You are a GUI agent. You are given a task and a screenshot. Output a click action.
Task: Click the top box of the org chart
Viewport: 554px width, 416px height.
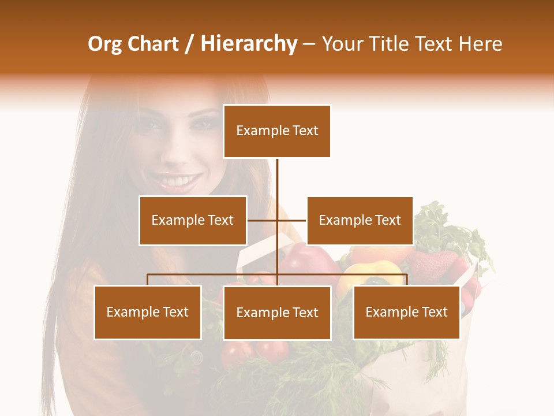pos(277,131)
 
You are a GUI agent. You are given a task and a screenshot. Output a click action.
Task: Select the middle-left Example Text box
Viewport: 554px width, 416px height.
pos(193,220)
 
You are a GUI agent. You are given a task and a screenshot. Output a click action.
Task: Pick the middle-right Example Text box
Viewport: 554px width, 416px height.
pos(360,220)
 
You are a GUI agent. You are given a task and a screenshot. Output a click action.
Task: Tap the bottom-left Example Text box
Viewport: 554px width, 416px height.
pos(148,312)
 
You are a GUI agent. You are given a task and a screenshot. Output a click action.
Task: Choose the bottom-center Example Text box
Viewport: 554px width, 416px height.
pos(277,313)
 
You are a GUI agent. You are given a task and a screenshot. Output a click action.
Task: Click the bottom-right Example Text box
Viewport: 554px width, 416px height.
pos(406,312)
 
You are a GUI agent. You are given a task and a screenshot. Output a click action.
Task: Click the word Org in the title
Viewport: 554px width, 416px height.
pos(104,44)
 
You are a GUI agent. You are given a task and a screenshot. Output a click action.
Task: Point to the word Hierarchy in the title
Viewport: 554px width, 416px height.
pos(249,44)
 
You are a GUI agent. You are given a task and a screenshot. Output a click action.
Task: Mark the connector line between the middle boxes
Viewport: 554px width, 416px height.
pos(277,220)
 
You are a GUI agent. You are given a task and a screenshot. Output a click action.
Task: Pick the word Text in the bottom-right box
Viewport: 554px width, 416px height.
pos(435,312)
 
